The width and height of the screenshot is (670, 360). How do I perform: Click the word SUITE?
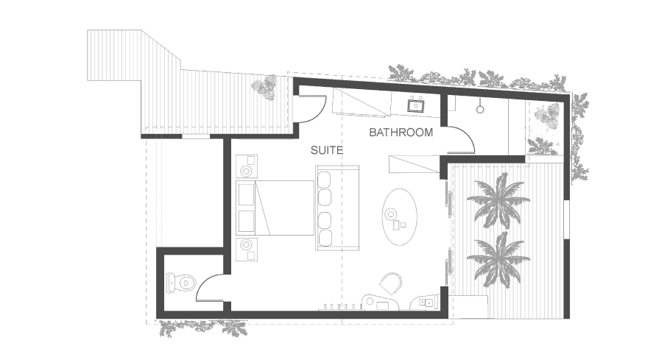327,150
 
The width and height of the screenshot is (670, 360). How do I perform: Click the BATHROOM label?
401,133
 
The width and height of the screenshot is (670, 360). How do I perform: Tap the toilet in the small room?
180,282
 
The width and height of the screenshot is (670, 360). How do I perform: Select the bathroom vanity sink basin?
415,105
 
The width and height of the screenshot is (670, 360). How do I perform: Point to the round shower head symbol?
480,108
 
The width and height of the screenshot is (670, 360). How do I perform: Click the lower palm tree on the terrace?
498,260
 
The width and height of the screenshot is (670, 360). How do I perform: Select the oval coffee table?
400,217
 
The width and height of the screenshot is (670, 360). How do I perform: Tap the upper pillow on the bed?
245,195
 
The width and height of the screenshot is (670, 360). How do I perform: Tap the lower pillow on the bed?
245,221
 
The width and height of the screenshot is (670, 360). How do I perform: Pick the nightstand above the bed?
247,166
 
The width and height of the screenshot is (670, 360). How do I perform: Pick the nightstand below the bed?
247,250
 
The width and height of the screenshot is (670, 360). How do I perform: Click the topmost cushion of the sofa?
325,180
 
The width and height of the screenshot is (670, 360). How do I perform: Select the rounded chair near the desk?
391,283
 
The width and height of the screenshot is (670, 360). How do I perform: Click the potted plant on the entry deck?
265,87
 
